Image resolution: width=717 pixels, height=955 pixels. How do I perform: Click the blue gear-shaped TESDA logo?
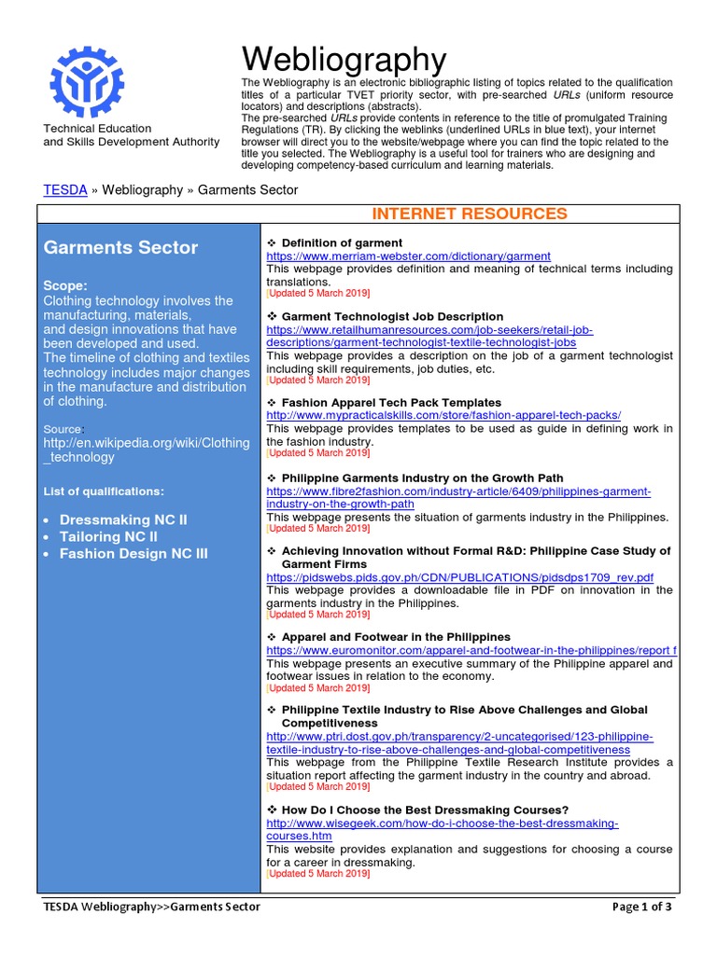click(97, 79)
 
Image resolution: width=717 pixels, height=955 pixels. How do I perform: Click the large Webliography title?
click(344, 60)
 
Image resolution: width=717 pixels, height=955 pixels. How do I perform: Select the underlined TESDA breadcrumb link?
click(65, 189)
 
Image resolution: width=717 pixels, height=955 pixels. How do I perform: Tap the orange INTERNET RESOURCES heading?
click(469, 214)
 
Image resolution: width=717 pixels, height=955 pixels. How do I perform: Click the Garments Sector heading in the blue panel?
click(120, 247)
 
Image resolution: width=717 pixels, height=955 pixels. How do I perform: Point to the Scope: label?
click(66, 284)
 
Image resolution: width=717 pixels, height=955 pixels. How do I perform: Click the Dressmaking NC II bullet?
click(123, 519)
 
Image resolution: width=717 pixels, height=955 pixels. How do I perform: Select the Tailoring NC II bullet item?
click(108, 536)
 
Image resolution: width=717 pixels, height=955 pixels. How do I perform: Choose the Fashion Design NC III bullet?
click(134, 553)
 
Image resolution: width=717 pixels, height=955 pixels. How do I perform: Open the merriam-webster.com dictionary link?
click(408, 256)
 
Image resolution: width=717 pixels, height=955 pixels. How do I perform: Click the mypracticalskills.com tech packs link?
click(443, 415)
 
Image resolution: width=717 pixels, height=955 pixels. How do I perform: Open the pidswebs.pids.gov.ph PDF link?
click(459, 577)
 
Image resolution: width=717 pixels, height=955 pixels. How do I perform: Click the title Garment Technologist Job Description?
click(392, 316)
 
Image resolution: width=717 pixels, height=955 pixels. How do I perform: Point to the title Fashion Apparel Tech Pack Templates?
click(391, 402)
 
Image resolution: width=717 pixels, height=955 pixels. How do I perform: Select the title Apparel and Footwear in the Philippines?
click(396, 637)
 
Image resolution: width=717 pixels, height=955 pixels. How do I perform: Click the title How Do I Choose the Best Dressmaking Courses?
click(425, 810)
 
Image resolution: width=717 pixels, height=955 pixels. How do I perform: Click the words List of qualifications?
click(104, 491)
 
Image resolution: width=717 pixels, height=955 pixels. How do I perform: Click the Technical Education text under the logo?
click(97, 129)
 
